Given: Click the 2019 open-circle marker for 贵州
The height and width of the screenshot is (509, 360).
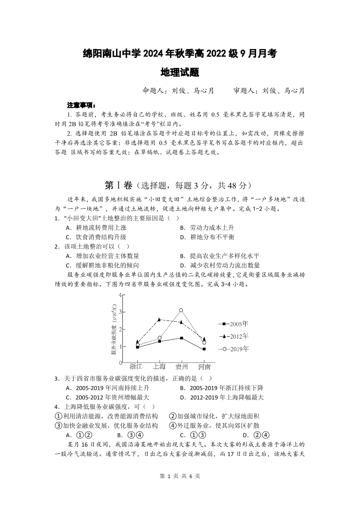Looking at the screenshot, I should click(181, 310).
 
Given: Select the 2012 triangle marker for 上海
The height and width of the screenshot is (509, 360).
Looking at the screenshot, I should click(159, 320).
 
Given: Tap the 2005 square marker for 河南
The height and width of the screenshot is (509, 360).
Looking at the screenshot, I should click(204, 349).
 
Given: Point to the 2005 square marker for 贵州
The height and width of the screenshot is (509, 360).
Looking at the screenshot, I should click(181, 338).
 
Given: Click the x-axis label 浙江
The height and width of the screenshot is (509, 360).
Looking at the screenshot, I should click(136, 366).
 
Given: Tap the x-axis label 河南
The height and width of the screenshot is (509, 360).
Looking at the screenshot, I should click(204, 366).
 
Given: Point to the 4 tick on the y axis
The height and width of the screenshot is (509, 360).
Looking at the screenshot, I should click(121, 295).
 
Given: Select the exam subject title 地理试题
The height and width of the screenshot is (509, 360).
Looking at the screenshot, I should click(180, 72).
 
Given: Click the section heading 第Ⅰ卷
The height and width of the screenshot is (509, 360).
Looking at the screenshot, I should click(118, 185).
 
